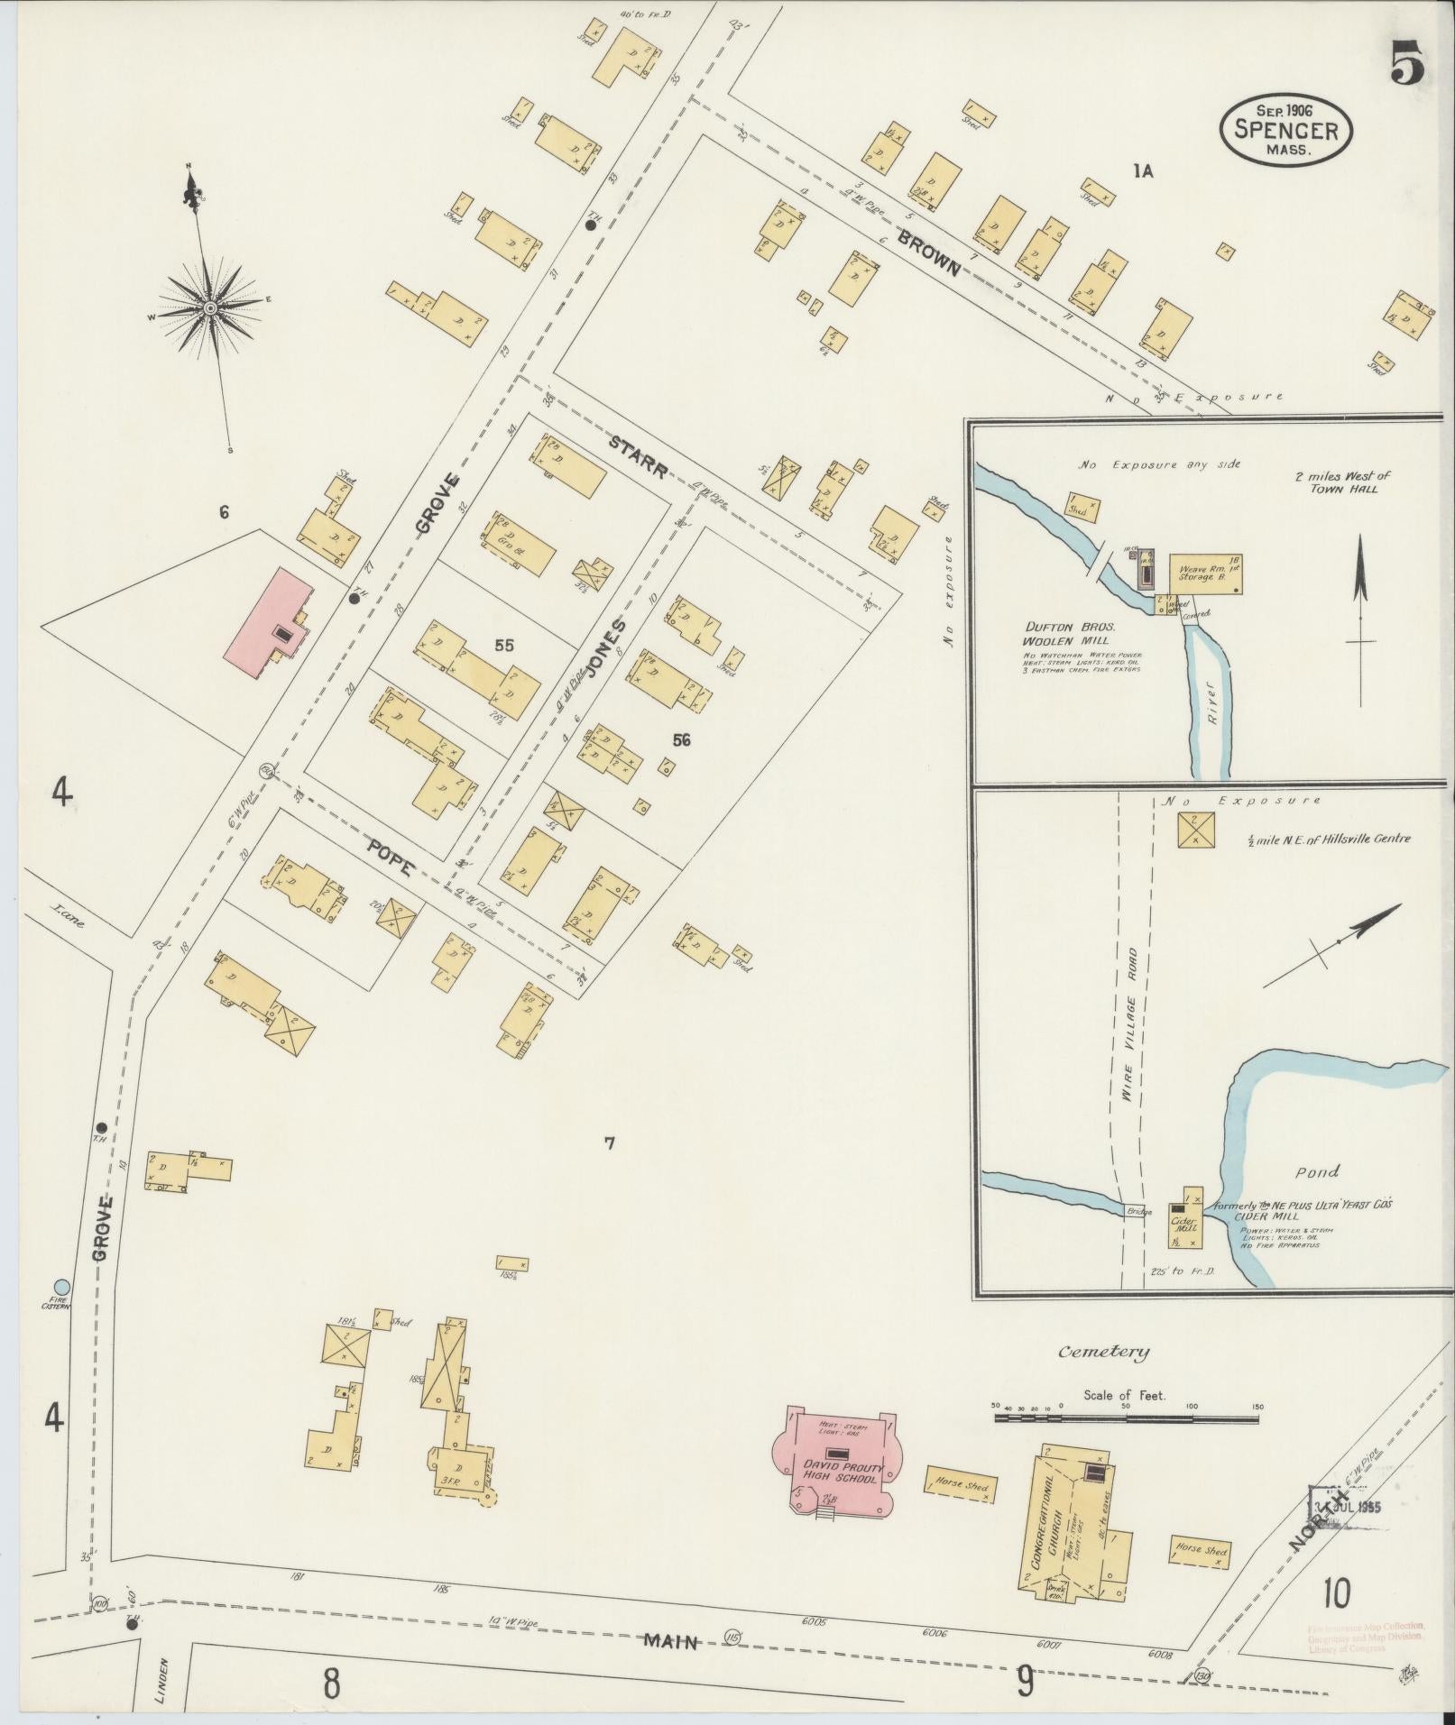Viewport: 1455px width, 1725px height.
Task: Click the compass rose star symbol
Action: click(x=209, y=307)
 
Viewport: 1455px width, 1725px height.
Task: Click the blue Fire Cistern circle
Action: click(x=60, y=1286)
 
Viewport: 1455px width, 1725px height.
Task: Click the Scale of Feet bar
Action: click(x=1126, y=1418)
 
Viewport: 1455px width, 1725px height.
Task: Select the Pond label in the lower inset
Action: click(x=1317, y=1171)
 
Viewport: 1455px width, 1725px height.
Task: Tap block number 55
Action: click(x=503, y=645)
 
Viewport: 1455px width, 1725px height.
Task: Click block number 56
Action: click(x=681, y=739)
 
